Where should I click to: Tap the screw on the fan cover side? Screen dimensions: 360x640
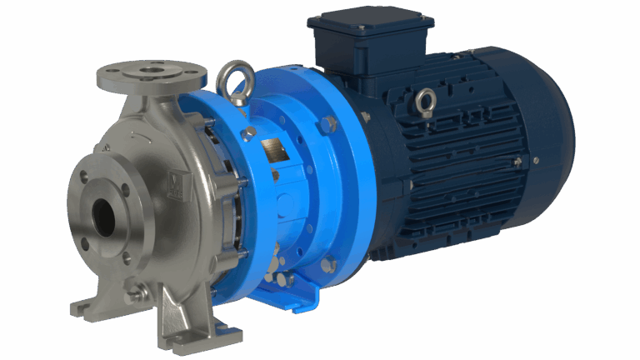tap(535, 159)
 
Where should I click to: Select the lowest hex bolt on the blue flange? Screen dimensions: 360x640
tap(328, 264)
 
